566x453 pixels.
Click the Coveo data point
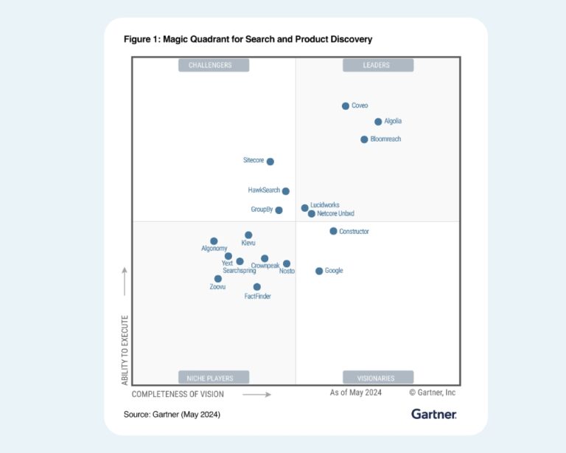[x=346, y=106]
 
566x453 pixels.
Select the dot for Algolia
[x=378, y=122]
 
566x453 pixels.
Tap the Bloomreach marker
[x=364, y=139]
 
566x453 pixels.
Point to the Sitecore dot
[x=270, y=162]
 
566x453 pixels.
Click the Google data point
[x=319, y=272]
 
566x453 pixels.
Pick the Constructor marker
[x=333, y=231]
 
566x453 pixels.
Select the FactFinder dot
[x=257, y=287]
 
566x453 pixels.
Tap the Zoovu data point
[x=218, y=279]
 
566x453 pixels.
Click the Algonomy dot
[x=214, y=241]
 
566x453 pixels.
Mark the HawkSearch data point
[x=286, y=191]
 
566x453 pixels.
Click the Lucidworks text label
[x=325, y=205]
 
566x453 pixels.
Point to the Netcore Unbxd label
[x=336, y=214]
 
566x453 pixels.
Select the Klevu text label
[x=249, y=243]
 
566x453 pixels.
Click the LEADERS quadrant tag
[x=377, y=65]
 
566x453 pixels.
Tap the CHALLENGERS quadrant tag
[x=214, y=65]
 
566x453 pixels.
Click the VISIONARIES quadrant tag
[x=377, y=378]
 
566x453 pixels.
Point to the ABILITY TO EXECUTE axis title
[x=125, y=350]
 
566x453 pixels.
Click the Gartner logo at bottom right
[x=434, y=414]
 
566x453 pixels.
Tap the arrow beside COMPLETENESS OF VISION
[x=256, y=395]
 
